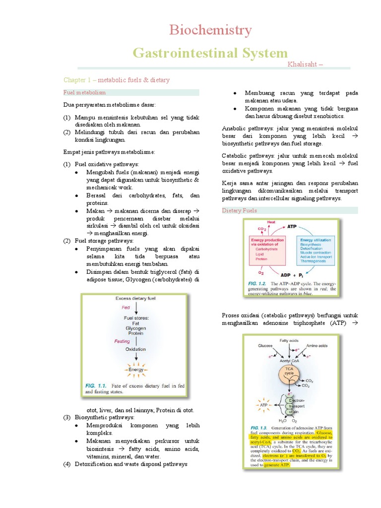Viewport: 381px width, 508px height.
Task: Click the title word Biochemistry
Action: pyautogui.click(x=210, y=30)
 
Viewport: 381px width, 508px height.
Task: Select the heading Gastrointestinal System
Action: pyautogui.click(x=210, y=53)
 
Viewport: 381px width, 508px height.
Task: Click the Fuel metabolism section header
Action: pyautogui.click(x=84, y=93)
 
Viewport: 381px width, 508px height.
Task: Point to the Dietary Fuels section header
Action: pyautogui.click(x=240, y=211)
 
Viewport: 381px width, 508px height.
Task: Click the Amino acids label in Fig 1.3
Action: pyautogui.click(x=317, y=345)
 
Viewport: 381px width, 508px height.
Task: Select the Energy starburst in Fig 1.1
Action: pyautogui.click(x=135, y=370)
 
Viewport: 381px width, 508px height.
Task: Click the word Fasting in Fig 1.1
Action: pyautogui.click(x=122, y=341)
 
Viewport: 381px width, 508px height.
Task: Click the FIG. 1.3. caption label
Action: pyautogui.click(x=258, y=427)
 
